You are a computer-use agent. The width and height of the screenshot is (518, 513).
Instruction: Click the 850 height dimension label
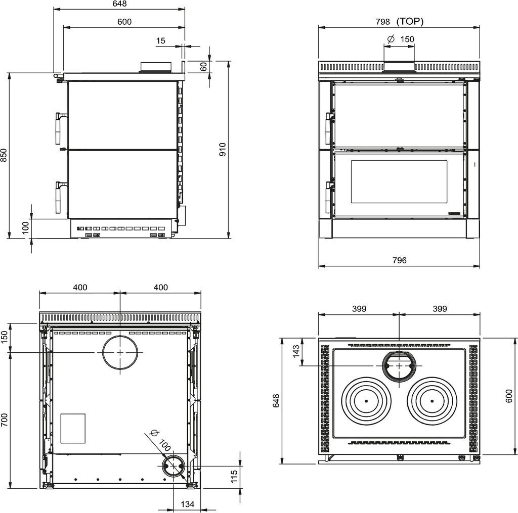4,155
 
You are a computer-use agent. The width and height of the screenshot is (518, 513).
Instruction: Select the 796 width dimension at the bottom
399,260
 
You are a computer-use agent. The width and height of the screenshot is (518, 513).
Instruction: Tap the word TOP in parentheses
410,22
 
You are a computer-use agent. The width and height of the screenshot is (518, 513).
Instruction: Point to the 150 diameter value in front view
407,39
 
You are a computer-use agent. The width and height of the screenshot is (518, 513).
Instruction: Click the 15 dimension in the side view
161,41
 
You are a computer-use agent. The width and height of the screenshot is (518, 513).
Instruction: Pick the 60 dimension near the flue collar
204,66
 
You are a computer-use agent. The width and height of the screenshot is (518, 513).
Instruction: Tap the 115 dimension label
234,477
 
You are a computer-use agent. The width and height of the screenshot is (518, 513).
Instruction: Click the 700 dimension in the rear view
4,420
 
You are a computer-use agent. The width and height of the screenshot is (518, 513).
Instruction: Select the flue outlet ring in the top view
399,365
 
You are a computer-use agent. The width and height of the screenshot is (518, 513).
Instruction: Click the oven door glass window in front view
399,181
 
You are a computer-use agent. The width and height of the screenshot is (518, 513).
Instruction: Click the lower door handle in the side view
59,197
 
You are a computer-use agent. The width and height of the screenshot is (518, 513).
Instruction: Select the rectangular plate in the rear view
73,429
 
